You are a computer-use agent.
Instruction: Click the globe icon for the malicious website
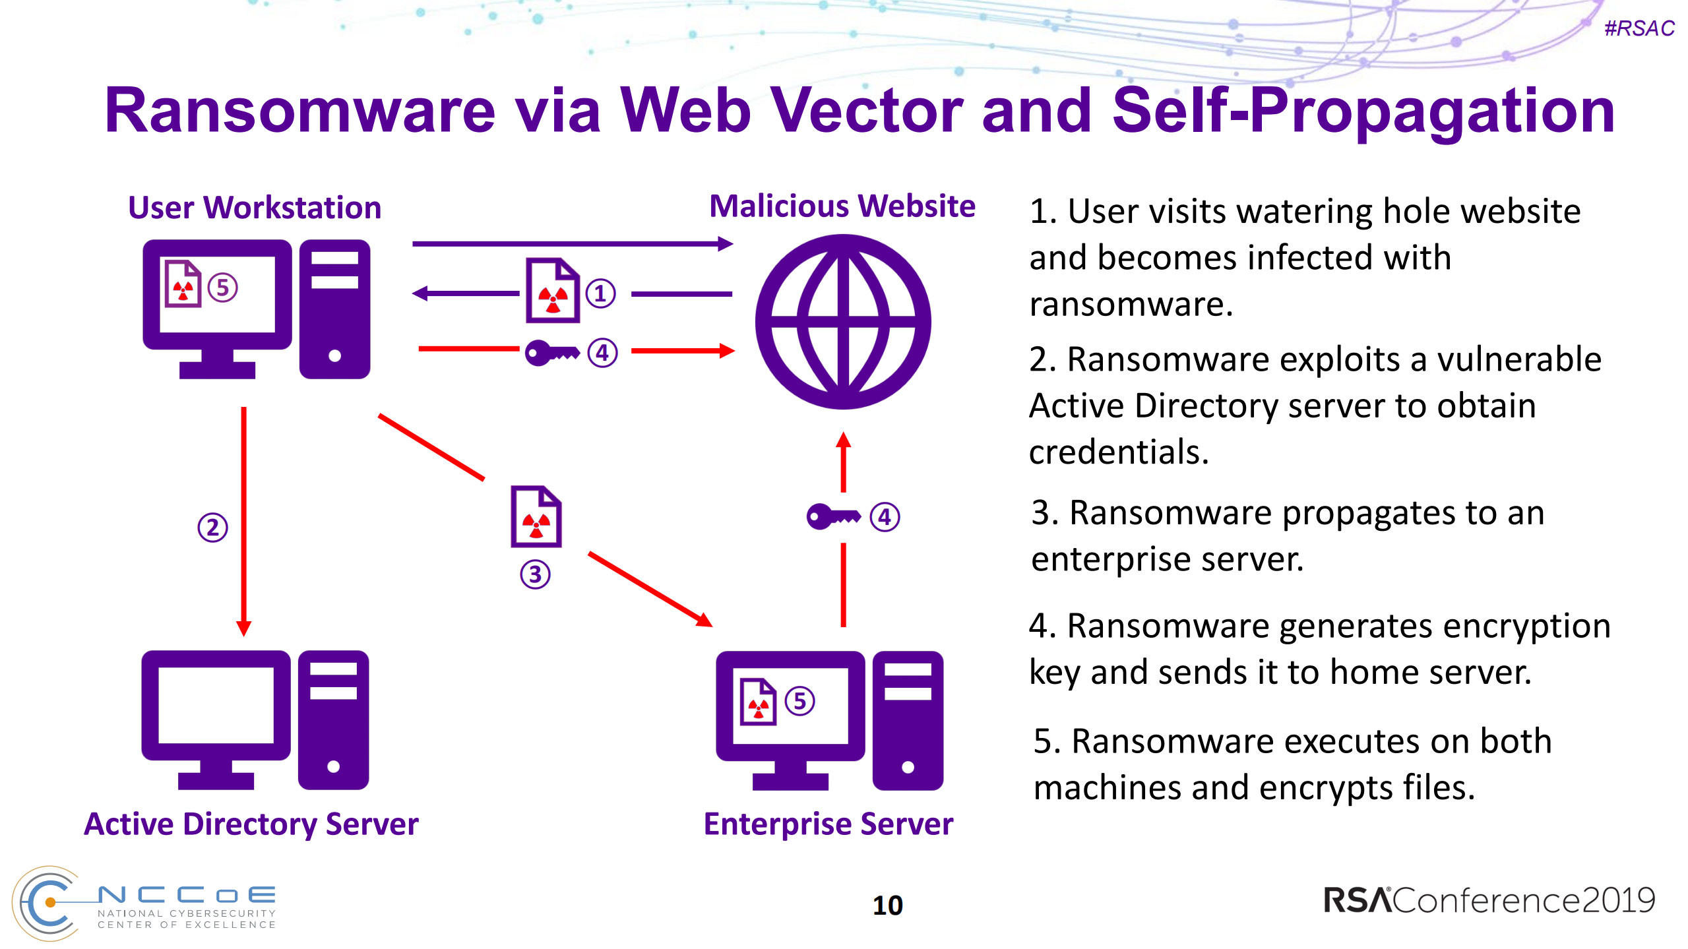coord(842,322)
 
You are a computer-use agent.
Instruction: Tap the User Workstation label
coord(255,208)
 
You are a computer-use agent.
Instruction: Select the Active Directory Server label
coord(251,824)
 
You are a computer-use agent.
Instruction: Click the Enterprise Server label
coord(828,824)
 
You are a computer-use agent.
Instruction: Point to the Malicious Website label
coord(842,206)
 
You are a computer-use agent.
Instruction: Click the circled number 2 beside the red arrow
coord(212,528)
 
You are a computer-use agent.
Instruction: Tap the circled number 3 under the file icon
coord(535,574)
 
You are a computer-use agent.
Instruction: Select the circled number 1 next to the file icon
coord(600,293)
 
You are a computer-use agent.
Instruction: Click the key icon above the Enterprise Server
coord(833,516)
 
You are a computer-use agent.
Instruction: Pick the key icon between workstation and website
coord(551,353)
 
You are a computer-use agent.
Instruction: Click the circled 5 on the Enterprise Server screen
coord(799,701)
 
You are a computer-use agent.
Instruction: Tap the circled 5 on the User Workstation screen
coord(222,288)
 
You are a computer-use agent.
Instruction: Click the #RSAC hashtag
coord(1639,28)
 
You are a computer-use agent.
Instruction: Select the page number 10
coord(887,905)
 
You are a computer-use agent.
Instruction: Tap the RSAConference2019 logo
coord(1489,901)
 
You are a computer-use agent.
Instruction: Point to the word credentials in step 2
coord(1119,452)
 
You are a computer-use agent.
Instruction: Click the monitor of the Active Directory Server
coord(216,706)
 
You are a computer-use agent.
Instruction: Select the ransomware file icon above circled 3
coord(536,517)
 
